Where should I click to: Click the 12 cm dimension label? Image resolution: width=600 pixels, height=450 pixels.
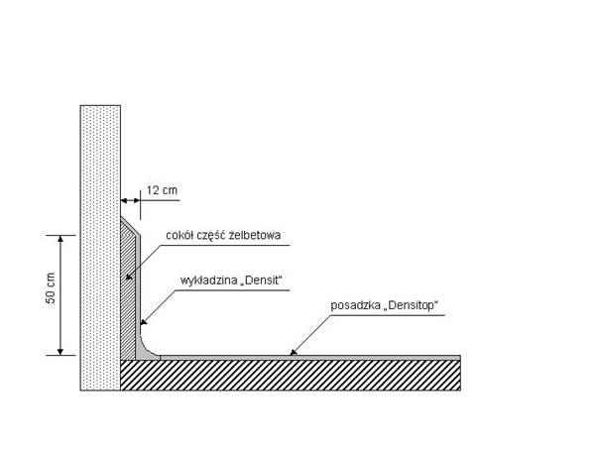[x=162, y=190]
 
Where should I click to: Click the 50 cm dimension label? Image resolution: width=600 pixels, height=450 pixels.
[x=51, y=288]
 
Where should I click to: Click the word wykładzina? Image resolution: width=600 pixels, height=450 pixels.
[x=208, y=281]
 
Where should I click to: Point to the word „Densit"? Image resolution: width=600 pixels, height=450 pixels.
[x=262, y=281]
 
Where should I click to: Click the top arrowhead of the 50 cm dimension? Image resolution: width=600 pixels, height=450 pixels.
[x=60, y=239]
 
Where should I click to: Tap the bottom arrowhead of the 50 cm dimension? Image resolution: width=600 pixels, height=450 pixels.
[x=60, y=351]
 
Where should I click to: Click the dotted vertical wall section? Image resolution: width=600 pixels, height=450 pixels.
[x=100, y=248]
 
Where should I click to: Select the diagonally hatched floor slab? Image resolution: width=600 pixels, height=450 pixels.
[x=291, y=375]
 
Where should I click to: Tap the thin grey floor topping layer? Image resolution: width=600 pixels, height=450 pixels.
[x=310, y=358]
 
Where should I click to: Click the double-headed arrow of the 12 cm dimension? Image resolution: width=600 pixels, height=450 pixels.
[x=130, y=200]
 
